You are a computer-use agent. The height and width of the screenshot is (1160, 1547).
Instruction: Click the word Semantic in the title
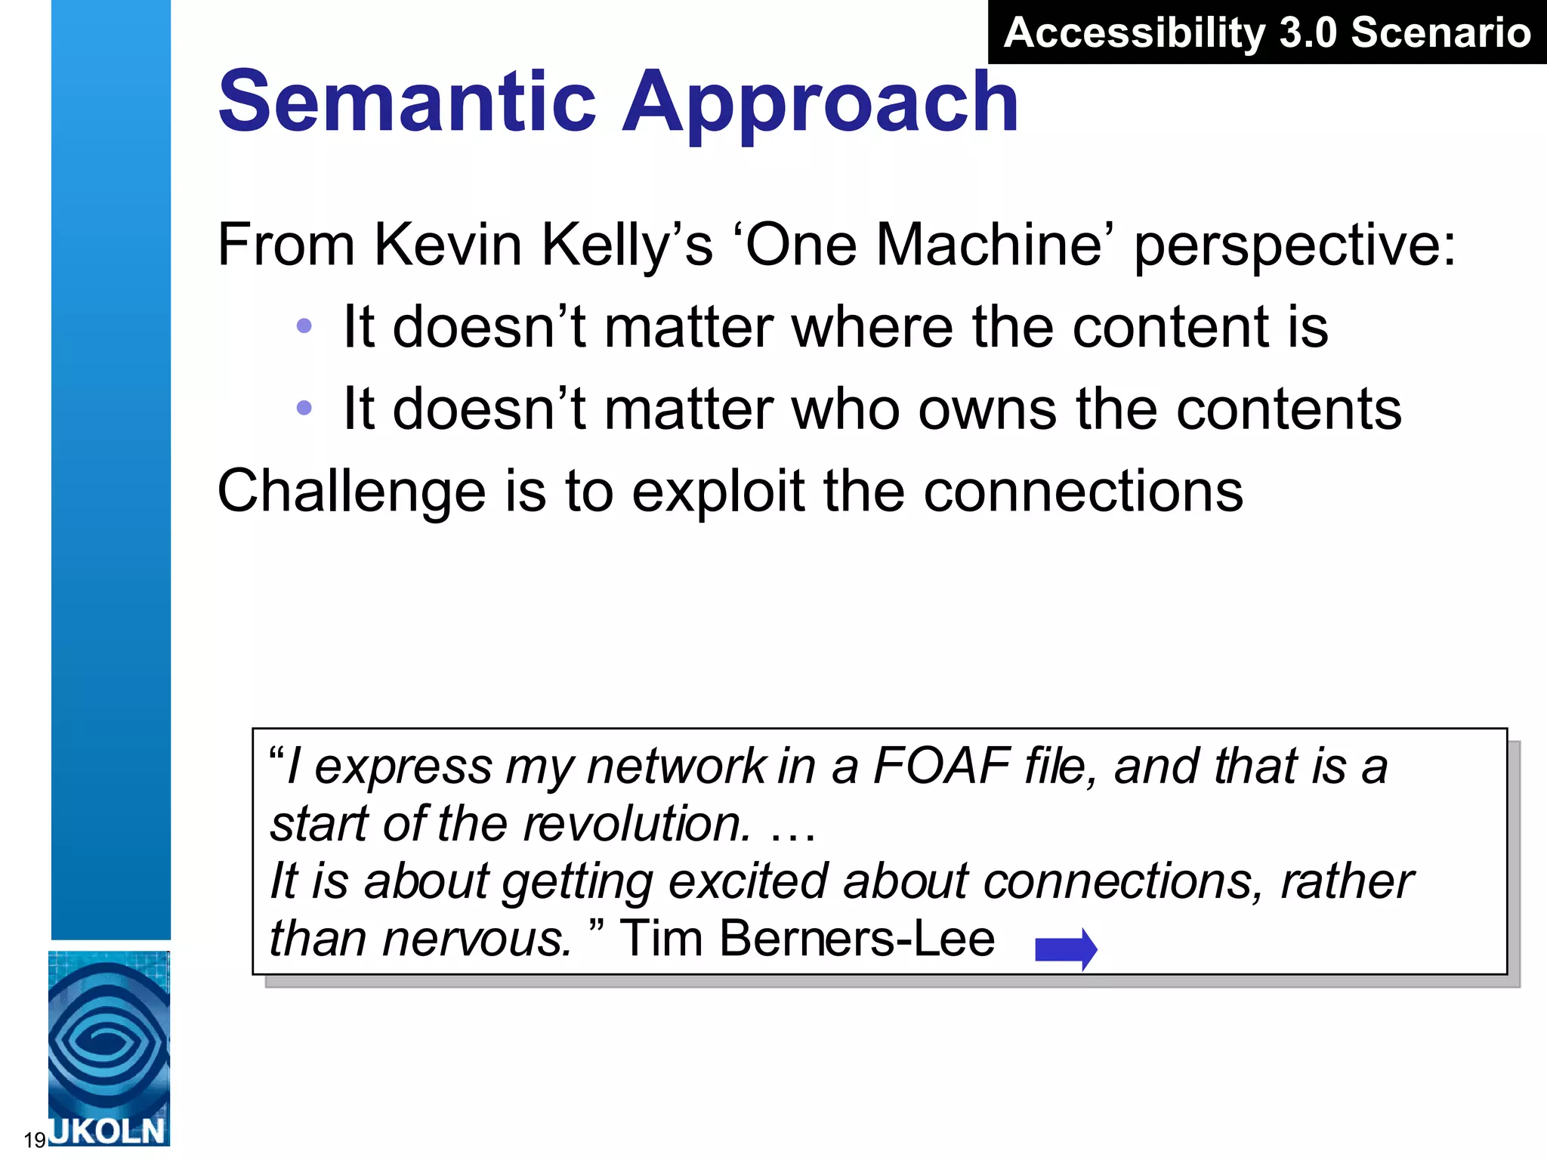pos(408,101)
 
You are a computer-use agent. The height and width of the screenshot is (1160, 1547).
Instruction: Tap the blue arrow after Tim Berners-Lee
pos(1066,949)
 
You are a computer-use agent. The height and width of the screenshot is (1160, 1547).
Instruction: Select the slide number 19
pos(35,1139)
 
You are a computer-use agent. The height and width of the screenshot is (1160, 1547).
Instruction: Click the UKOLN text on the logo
pos(108,1131)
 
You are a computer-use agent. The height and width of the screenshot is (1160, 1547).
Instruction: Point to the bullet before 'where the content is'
pos(304,326)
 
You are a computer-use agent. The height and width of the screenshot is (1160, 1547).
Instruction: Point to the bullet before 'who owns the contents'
pos(304,409)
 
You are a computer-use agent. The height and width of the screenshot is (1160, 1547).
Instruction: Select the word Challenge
pos(351,491)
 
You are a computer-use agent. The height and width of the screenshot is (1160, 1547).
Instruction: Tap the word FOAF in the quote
pos(941,766)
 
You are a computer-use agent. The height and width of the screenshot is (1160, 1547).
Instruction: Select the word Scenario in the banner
pos(1440,33)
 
